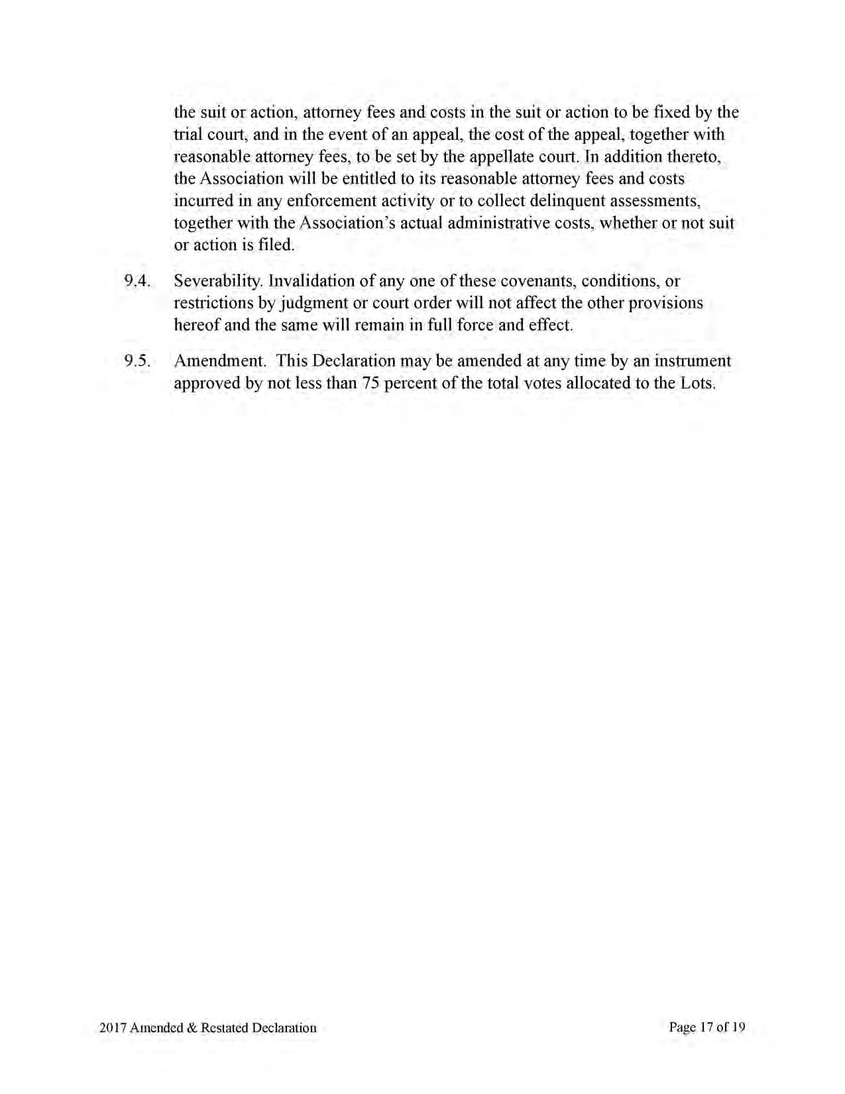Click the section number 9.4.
click(x=137, y=281)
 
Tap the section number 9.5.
click(x=137, y=361)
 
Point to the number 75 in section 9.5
click(x=370, y=383)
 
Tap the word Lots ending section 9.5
click(x=698, y=383)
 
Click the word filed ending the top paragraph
click(x=276, y=245)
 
